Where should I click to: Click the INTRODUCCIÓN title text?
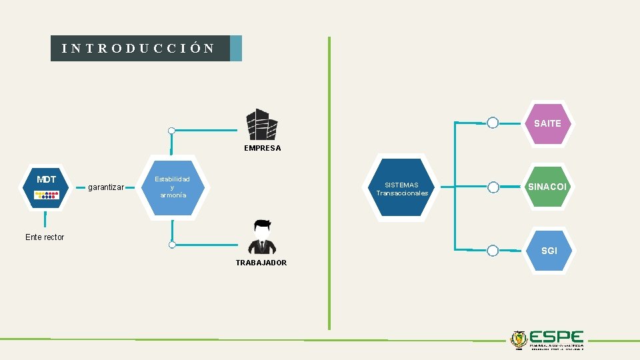[138, 49]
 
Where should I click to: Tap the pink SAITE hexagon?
[547, 123]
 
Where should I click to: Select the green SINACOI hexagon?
[547, 187]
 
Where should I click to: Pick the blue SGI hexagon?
[549, 251]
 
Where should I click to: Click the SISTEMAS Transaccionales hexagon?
[402, 189]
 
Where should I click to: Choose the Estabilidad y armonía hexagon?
[172, 187]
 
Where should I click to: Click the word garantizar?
[106, 187]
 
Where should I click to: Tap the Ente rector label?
[45, 237]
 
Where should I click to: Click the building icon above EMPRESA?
[262, 125]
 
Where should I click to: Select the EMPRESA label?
[263, 148]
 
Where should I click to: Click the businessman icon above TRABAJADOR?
[261, 237]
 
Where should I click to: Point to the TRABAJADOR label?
[261, 263]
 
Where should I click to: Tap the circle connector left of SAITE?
[493, 123]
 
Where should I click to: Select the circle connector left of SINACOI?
[493, 187]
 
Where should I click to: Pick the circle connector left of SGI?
[493, 251]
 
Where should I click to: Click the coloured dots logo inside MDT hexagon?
[47, 195]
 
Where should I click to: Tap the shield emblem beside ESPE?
[517, 339]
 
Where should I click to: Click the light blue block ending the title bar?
[236, 49]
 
